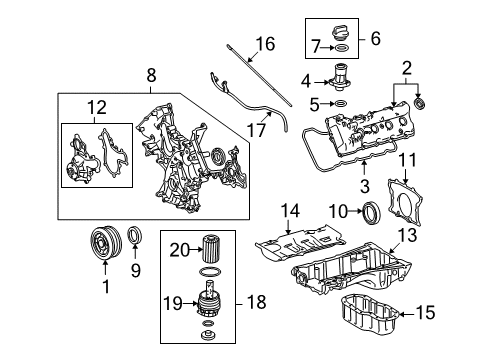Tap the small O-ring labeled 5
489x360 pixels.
pos(340,102)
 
